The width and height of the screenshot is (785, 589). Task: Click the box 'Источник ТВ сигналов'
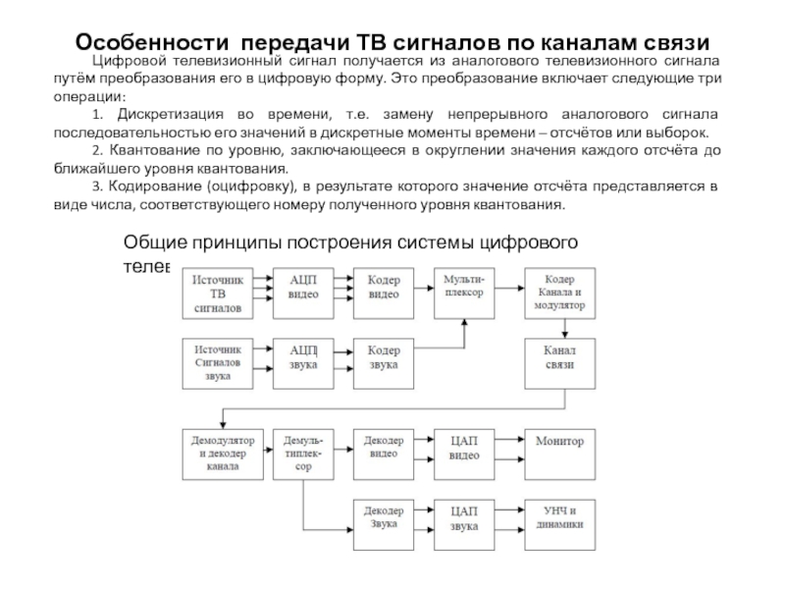[x=217, y=293]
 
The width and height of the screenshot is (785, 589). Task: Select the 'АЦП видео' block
[x=303, y=287]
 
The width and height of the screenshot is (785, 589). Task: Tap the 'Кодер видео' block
[x=384, y=287]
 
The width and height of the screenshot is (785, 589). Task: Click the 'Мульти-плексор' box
[x=464, y=287]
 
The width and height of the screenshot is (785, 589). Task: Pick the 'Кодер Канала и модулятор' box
[x=559, y=293]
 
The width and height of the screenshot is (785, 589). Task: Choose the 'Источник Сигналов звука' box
[x=218, y=361]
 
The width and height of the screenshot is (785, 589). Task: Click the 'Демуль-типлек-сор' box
[x=304, y=453]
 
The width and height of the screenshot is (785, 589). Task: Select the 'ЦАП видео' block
[x=464, y=447]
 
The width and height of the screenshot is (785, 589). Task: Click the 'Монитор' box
[x=558, y=443]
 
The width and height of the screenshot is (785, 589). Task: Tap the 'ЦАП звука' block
[x=464, y=517]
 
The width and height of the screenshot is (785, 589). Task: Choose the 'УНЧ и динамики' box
[x=558, y=517]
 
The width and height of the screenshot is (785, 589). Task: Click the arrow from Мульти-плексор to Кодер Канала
[x=510, y=287]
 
